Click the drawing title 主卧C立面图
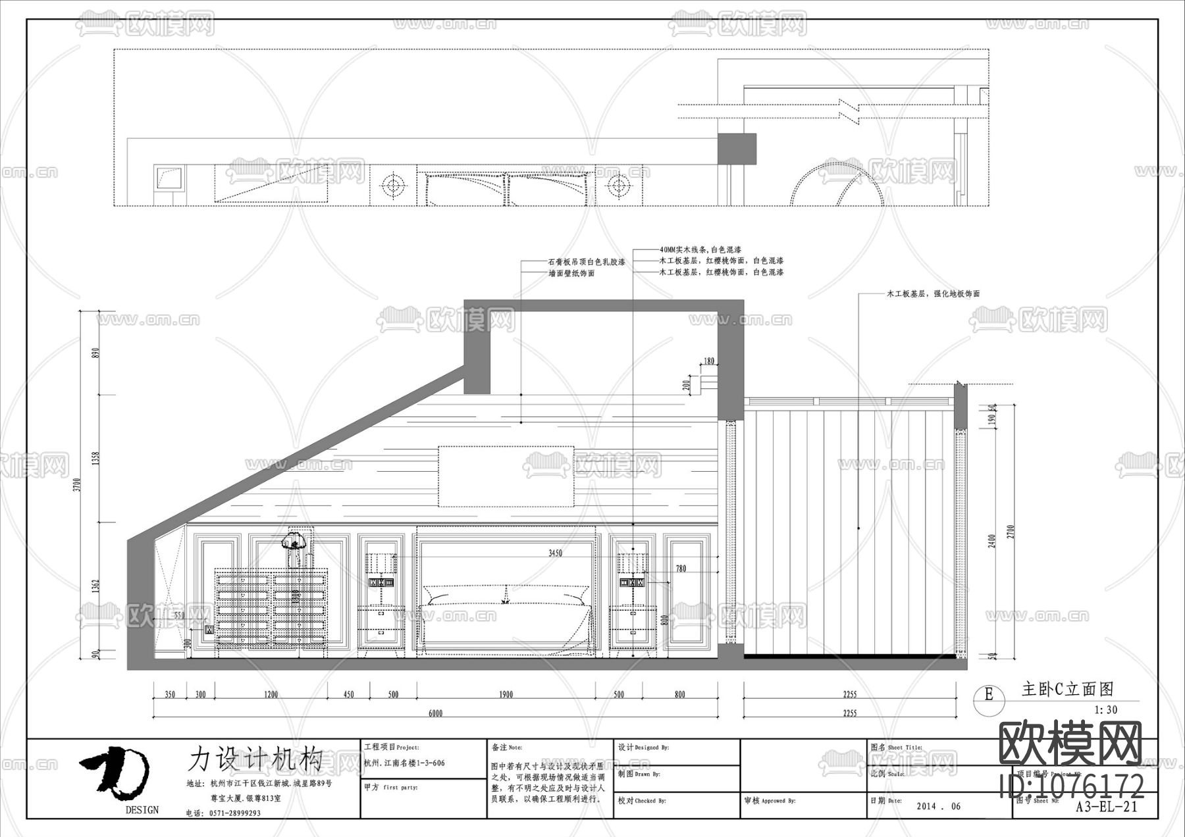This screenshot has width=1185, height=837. pyautogui.click(x=1067, y=689)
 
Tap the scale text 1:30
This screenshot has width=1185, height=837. pyautogui.click(x=1106, y=710)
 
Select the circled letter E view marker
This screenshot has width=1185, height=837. pyautogui.click(x=988, y=694)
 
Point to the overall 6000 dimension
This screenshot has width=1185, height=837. pyautogui.click(x=435, y=713)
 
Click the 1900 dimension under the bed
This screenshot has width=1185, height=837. pyautogui.click(x=506, y=694)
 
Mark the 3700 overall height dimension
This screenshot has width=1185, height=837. pyautogui.click(x=77, y=487)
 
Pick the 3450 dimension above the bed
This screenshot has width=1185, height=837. pyautogui.click(x=555, y=553)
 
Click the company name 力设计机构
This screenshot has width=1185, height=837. pyautogui.click(x=255, y=759)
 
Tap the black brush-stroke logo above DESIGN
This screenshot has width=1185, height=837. pyautogui.click(x=115, y=771)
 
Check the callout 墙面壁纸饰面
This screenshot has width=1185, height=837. pyautogui.click(x=571, y=273)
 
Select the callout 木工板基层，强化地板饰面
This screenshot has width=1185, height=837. pyautogui.click(x=933, y=294)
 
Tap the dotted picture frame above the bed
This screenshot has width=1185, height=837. pyautogui.click(x=506, y=476)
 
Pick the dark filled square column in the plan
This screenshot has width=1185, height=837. pyautogui.click(x=736, y=149)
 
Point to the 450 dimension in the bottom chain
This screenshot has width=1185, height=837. pyautogui.click(x=349, y=694)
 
